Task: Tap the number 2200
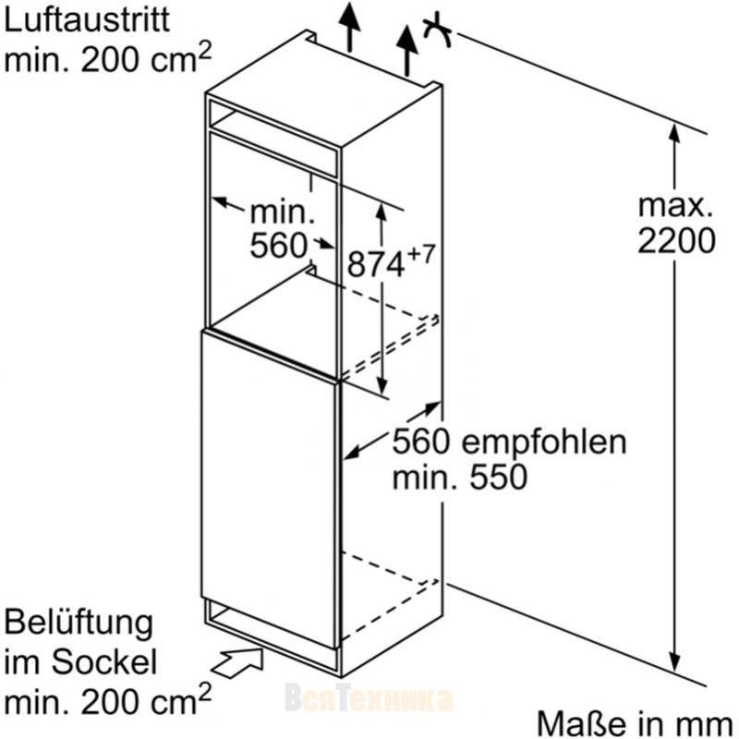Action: pos(676,241)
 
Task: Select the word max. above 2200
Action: pos(675,205)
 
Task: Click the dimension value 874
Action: pos(376,264)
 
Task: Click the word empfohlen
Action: pos(543,443)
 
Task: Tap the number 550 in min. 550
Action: pos(499,477)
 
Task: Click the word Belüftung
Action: pos(79,624)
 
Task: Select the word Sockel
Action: pos(103,661)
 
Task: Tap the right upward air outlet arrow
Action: pos(406,51)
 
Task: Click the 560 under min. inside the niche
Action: pos(278,245)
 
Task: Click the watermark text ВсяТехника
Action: pos(369,697)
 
